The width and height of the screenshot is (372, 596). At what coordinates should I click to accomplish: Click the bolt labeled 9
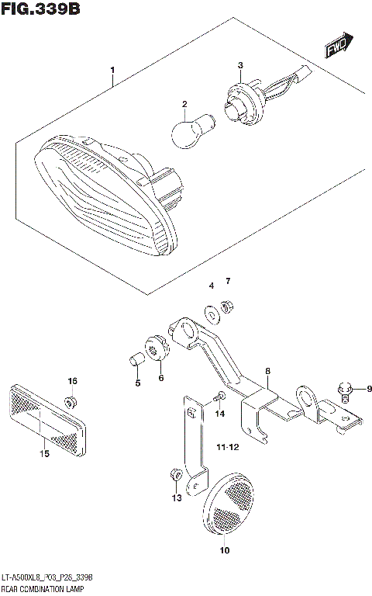346,390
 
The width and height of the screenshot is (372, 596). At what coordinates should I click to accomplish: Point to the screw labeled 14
219,397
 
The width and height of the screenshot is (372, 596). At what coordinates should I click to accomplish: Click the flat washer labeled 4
212,314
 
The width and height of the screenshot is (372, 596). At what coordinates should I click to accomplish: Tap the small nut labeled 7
227,308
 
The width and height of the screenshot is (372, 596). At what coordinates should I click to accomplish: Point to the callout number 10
225,552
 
